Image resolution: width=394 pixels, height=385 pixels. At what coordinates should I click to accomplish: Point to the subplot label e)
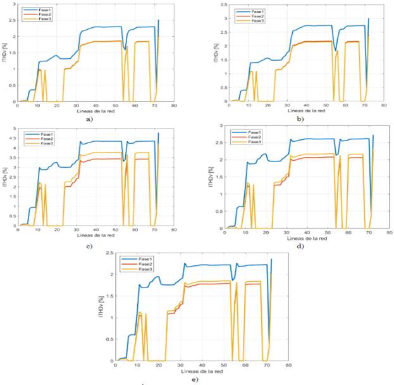[x=195, y=379]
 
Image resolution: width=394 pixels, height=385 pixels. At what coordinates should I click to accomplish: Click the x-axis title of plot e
[x=196, y=372]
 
